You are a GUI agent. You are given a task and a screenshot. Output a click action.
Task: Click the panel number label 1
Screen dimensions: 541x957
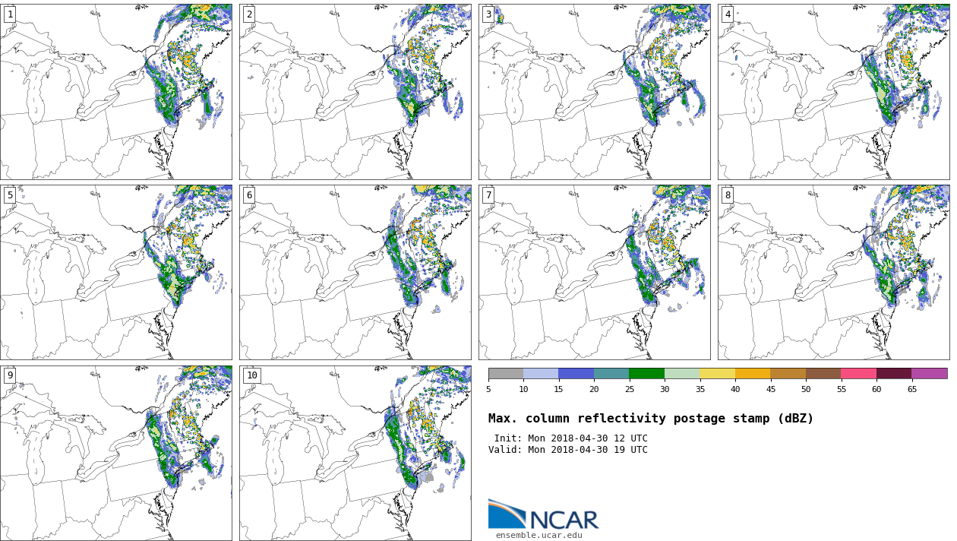coord(10,14)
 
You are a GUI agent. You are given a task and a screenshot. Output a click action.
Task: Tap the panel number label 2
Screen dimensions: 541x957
coord(249,14)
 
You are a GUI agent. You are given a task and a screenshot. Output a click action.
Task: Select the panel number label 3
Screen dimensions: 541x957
coord(488,14)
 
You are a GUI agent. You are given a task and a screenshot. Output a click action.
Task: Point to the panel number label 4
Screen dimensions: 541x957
coord(728,14)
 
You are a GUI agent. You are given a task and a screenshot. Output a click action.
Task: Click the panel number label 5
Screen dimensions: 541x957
coord(10,195)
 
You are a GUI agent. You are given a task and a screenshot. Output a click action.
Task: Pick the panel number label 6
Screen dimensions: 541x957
coord(249,195)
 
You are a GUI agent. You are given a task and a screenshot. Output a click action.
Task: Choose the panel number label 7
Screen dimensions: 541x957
coord(488,195)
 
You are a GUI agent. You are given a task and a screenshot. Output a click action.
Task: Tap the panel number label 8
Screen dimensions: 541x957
coord(728,195)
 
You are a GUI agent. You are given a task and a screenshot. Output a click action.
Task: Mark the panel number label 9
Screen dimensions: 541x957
coord(10,375)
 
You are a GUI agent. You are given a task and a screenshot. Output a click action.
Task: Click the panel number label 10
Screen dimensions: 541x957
coord(251,375)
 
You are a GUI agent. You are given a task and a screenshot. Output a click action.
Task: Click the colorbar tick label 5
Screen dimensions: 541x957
coord(488,390)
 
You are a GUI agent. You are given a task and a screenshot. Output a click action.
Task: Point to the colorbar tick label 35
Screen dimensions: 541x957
coord(700,390)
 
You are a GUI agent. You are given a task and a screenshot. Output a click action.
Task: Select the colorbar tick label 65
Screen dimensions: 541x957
coord(911,390)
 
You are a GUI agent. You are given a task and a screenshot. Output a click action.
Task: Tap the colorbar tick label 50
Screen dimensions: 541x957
coord(806,390)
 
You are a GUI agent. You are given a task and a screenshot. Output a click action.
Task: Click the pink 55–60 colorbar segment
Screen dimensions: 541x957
coord(858,374)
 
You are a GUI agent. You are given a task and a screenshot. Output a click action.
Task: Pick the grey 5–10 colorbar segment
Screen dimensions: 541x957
coord(506,374)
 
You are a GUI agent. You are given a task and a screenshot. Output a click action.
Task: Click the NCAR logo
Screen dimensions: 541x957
coord(544,515)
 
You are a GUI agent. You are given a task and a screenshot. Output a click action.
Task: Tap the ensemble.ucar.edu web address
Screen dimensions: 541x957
coord(539,535)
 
